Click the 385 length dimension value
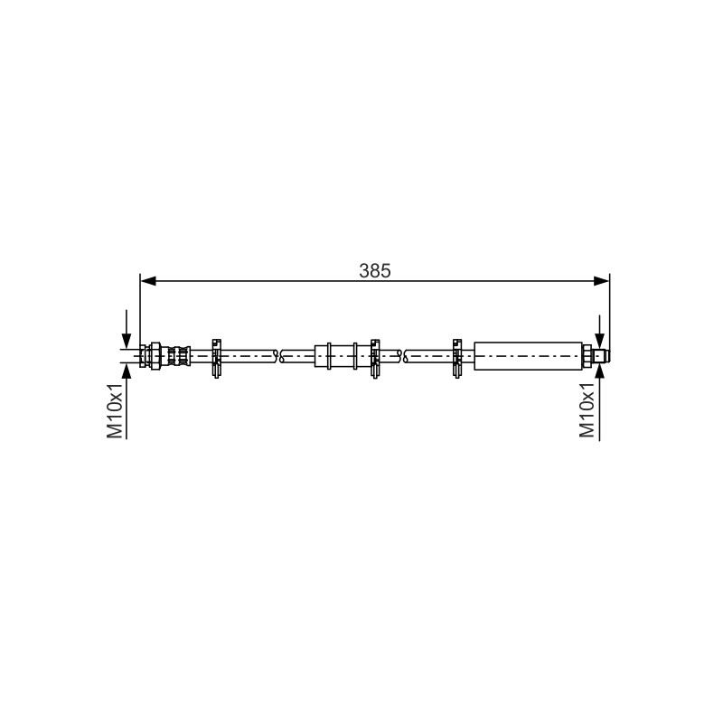[x=375, y=270]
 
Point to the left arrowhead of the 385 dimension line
[x=147, y=281]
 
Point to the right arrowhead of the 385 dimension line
[x=602, y=281]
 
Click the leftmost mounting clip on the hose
[x=216, y=358]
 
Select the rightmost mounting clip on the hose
[x=457, y=358]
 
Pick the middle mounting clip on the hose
[x=375, y=358]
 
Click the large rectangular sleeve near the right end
[x=528, y=356]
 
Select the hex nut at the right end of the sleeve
[x=587, y=356]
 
